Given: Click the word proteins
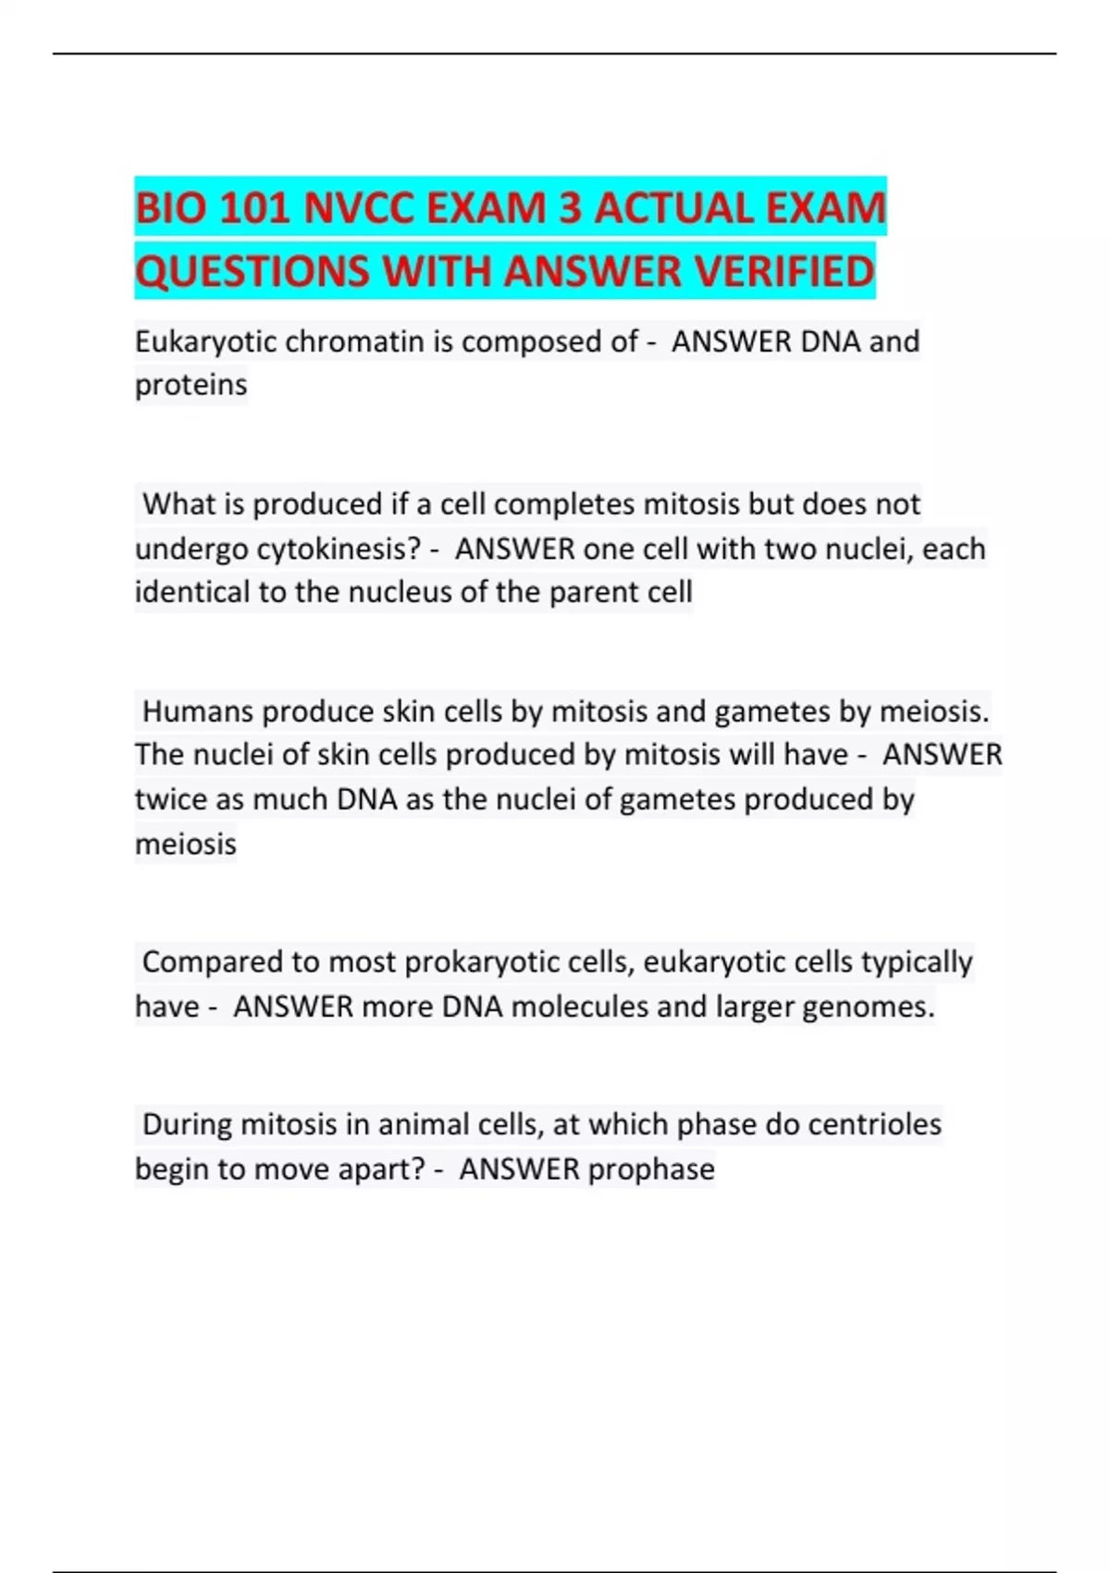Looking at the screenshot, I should point(191,384).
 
